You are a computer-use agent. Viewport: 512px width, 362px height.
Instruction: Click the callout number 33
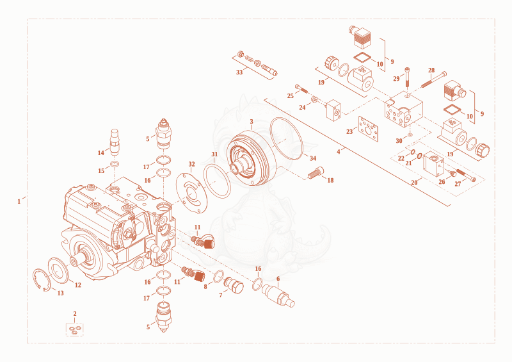coord(239,72)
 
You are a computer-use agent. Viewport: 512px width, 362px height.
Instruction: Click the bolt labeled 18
coord(316,172)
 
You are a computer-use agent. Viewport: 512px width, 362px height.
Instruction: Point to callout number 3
coord(252,122)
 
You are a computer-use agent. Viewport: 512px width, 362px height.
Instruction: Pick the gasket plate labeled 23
coord(368,129)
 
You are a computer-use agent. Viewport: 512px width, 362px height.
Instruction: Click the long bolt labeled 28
coord(434,79)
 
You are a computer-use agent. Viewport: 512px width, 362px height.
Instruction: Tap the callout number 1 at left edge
coord(19,201)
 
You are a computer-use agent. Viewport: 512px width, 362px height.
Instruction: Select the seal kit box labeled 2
coord(74,329)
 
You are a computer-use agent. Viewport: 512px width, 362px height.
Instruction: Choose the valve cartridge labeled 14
coord(115,142)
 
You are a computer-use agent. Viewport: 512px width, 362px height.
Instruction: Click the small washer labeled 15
coord(115,163)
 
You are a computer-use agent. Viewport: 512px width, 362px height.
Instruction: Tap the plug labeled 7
coord(234,285)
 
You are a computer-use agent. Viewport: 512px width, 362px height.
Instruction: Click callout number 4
coord(339,152)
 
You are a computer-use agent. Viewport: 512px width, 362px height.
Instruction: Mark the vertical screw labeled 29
coord(407,77)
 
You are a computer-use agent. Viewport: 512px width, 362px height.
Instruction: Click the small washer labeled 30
coord(410,135)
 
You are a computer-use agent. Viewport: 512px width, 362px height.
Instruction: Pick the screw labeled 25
coord(301,88)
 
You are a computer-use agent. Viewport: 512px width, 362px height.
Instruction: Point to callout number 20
coord(414,183)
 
